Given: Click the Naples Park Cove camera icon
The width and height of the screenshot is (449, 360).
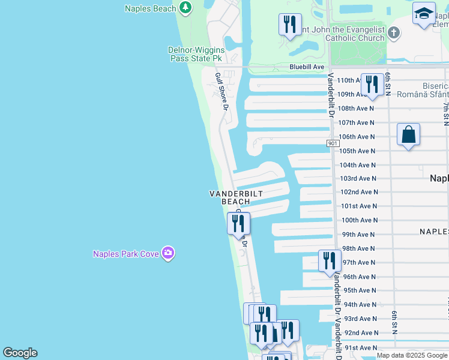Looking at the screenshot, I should (168, 253).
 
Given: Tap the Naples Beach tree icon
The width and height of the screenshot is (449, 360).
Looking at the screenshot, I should (186, 8).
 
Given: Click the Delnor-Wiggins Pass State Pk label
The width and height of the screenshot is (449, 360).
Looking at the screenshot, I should (197, 54).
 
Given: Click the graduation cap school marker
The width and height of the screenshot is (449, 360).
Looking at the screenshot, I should (424, 13).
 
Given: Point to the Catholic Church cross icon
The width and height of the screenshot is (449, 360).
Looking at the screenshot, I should (394, 33).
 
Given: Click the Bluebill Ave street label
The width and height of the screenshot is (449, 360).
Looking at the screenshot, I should (306, 67).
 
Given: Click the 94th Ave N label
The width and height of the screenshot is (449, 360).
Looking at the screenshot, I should (359, 304).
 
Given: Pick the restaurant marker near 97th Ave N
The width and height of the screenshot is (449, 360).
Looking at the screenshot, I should (330, 260).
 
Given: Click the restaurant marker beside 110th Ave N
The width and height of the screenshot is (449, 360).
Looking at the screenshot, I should (372, 85).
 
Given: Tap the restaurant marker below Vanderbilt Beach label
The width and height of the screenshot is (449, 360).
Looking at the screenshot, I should (239, 223).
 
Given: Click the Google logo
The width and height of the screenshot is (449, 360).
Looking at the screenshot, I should (20, 353).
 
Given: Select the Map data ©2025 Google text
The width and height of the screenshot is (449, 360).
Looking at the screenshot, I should (412, 355).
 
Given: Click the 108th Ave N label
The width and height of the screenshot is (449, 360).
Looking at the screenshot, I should (355, 109).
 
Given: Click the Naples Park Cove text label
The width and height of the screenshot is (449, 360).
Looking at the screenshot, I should (125, 254).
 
